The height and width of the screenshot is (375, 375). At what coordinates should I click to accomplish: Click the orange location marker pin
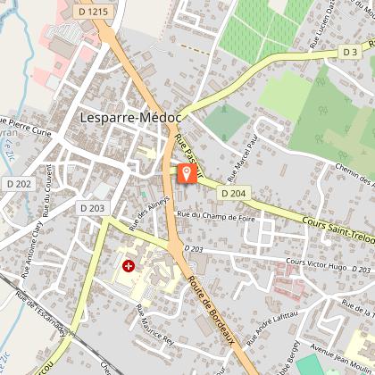point(187,173)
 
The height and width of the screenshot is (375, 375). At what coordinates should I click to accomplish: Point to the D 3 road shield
point(351,53)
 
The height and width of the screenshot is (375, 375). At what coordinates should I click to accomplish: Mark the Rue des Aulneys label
point(153,212)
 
